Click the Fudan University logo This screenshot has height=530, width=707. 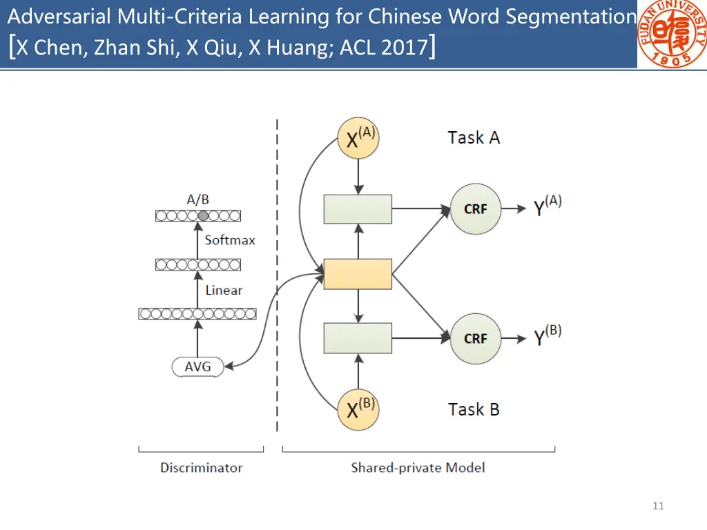click(x=670, y=34)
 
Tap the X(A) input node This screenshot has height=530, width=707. click(x=358, y=138)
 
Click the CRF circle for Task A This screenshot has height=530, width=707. click(x=476, y=208)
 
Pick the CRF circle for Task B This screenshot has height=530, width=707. click(x=476, y=338)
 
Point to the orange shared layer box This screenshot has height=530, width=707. click(x=358, y=274)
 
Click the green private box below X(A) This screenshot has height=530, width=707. click(x=358, y=209)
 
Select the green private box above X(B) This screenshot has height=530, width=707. click(x=358, y=338)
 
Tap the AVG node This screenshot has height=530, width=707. click(x=197, y=367)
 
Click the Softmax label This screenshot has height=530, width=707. click(x=230, y=240)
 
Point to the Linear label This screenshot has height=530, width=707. click(x=224, y=291)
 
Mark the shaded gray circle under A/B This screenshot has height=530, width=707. click(x=203, y=216)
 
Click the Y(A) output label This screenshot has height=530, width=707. click(x=548, y=206)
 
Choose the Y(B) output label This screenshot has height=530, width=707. click(x=548, y=336)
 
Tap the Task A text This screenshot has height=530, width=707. click(x=474, y=137)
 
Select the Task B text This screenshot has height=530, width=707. click(x=474, y=409)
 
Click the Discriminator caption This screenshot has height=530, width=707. click(x=202, y=468)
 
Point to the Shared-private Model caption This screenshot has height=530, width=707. click(x=418, y=468)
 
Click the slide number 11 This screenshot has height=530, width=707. click(x=658, y=507)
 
